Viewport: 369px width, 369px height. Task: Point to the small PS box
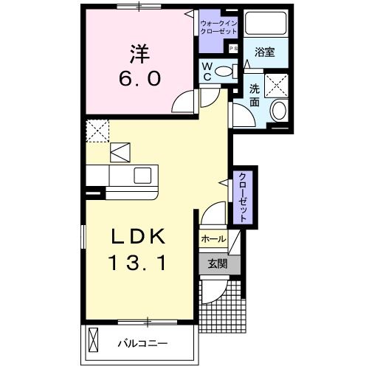[x=232, y=49]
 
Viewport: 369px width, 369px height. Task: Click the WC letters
[x=208, y=71]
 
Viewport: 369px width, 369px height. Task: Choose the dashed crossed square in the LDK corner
[x=97, y=130]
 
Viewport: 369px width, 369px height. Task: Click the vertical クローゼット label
[x=242, y=196]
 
